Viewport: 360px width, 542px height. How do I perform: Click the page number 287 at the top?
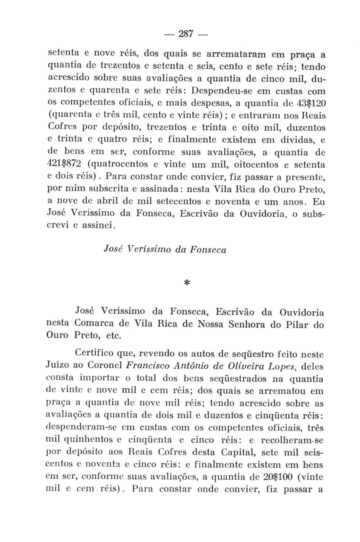[186, 34]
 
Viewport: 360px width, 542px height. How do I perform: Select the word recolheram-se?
[292, 440]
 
